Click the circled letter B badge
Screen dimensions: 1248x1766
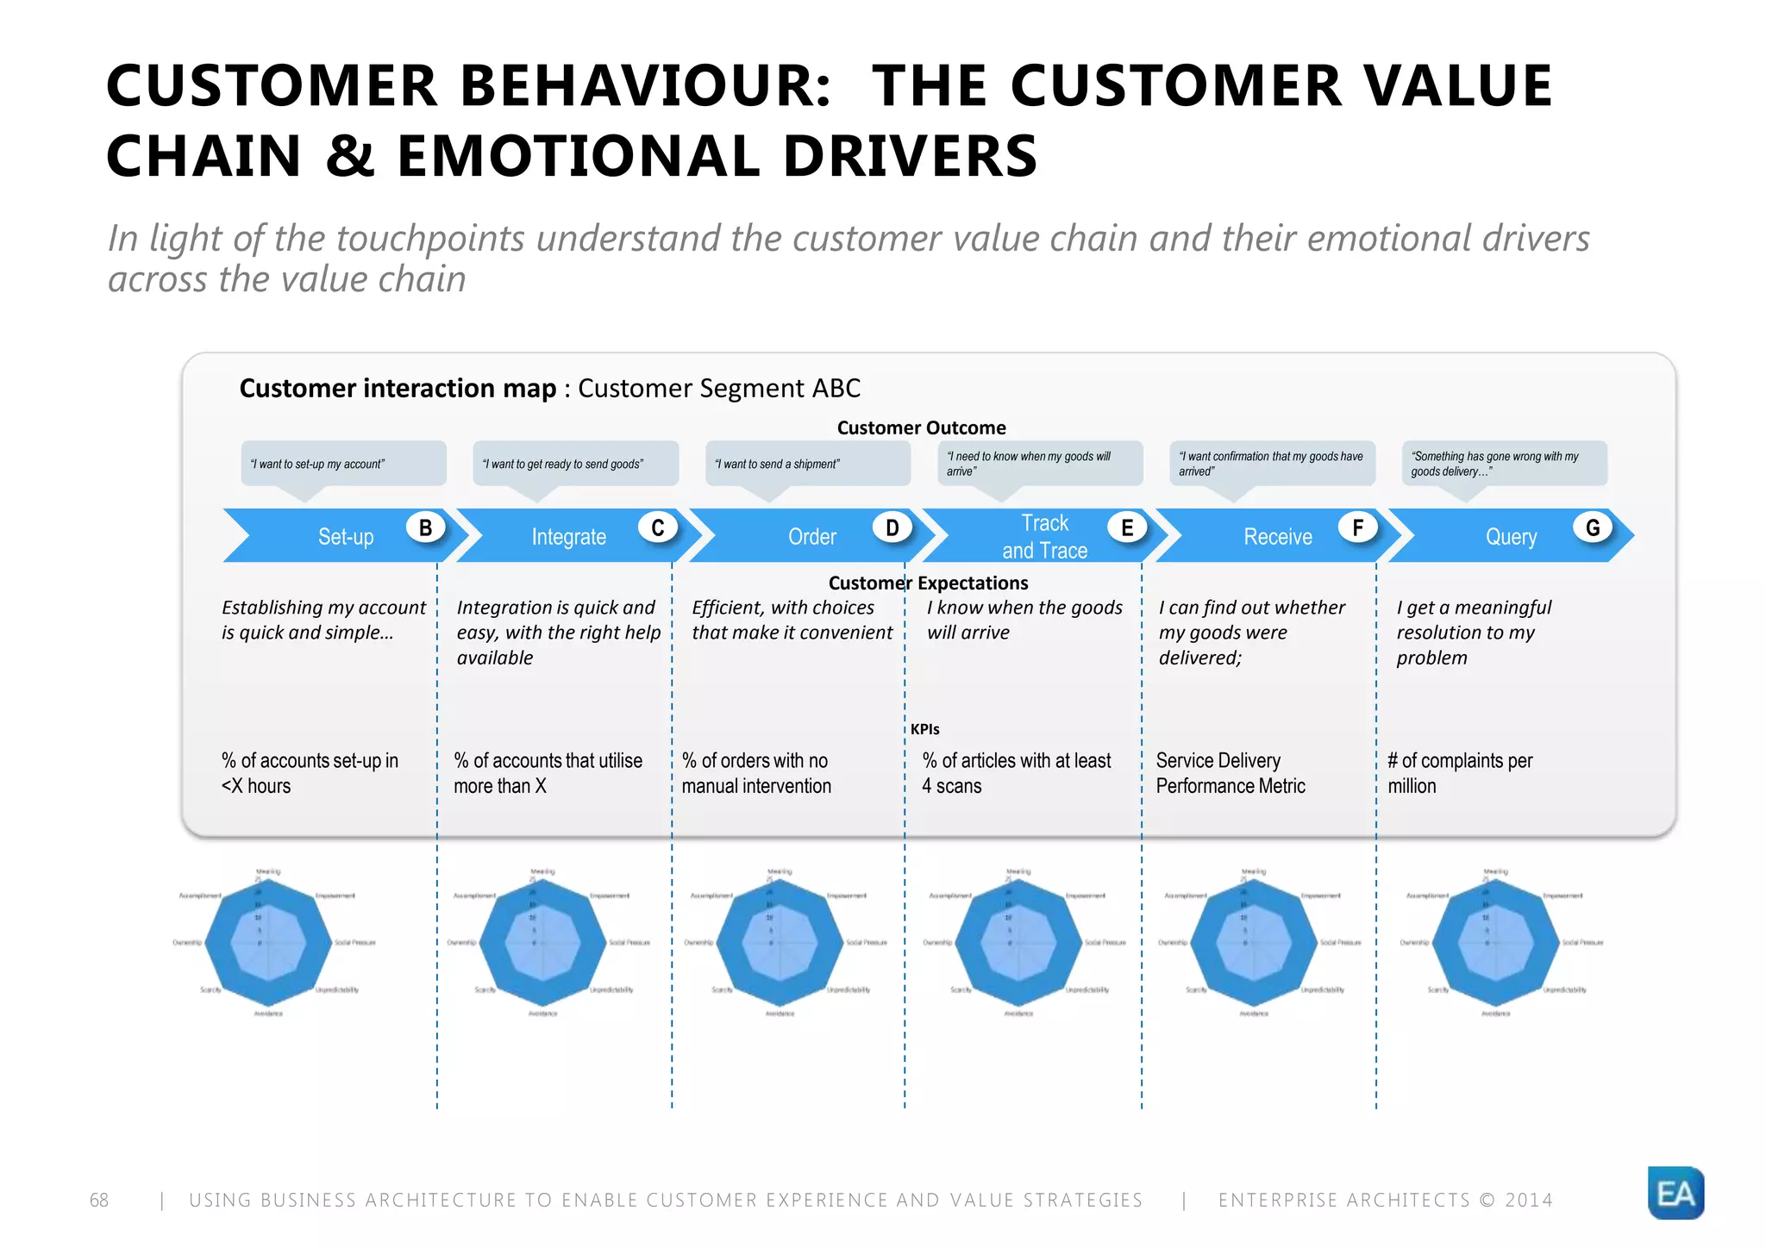[x=425, y=527]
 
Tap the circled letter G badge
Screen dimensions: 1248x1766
[x=1593, y=527]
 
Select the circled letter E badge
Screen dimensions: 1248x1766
[x=1126, y=527]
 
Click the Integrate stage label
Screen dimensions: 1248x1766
[x=568, y=537]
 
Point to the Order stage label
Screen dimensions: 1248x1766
[x=811, y=537]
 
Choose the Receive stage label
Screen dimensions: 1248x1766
[x=1277, y=537]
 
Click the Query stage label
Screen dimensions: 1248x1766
[x=1511, y=537]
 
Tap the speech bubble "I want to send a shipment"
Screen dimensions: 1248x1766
[x=807, y=464]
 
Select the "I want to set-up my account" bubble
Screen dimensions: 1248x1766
[x=343, y=464]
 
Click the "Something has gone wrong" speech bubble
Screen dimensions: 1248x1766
[x=1504, y=464]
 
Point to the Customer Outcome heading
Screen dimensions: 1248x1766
[x=921, y=427]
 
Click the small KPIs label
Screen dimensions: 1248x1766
[x=924, y=729]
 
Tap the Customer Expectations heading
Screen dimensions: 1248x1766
[x=928, y=583]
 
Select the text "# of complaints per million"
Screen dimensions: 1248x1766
[x=1459, y=773]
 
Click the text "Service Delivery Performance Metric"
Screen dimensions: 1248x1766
[x=1230, y=773]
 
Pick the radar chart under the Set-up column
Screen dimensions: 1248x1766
[x=268, y=943]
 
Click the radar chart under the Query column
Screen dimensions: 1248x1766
[x=1496, y=943]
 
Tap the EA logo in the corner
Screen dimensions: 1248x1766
[x=1675, y=1193]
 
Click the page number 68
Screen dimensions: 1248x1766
[x=99, y=1200]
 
